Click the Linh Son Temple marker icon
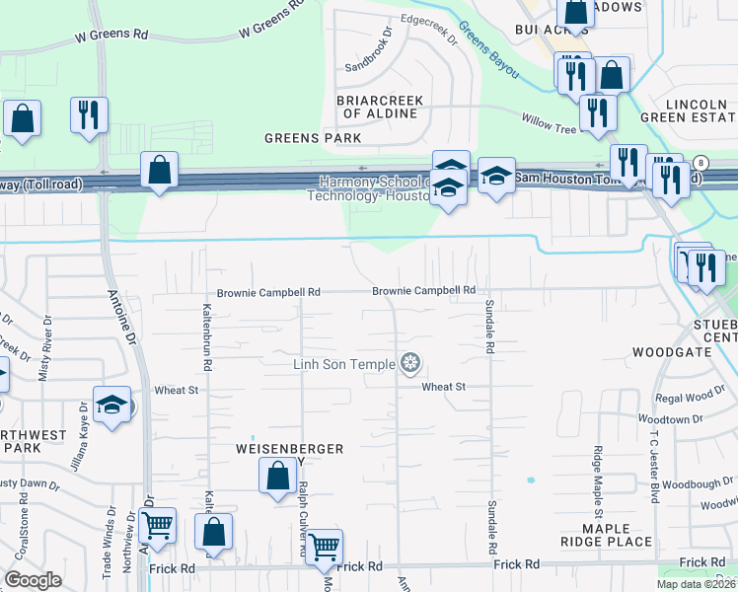410,365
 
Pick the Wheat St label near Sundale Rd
443,387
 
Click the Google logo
33,580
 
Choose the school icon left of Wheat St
111,405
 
